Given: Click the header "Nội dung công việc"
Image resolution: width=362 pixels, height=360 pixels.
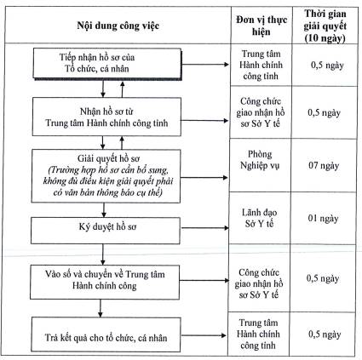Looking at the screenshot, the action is (x=118, y=26).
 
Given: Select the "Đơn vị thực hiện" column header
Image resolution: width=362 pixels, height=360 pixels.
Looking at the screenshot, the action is (x=261, y=26).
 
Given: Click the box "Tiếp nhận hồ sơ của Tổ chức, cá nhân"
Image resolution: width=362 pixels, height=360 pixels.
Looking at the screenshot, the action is (x=107, y=63).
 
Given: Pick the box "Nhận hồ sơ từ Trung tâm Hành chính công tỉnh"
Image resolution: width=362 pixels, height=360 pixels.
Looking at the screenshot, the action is (x=106, y=117).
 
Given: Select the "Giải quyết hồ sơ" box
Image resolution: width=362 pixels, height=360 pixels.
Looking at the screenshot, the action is (x=106, y=176).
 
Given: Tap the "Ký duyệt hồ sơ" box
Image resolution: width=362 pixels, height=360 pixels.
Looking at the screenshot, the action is (x=106, y=231).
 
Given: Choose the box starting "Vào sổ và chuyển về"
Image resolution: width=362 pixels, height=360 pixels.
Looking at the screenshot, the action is (x=105, y=282).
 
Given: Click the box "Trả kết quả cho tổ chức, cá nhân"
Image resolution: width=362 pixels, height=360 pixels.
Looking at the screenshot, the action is (x=106, y=334).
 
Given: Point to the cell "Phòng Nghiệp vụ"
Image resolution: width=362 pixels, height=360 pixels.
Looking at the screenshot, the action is (x=260, y=159).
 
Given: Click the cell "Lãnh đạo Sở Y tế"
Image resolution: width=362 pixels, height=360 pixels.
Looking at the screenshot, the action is (x=259, y=218).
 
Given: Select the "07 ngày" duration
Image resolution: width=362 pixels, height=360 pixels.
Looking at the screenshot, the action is (x=324, y=165).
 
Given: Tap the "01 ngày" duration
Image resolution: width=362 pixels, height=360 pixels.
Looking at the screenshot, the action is (x=323, y=219).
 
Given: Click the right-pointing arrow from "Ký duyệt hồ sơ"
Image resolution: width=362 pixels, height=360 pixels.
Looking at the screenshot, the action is (x=205, y=228).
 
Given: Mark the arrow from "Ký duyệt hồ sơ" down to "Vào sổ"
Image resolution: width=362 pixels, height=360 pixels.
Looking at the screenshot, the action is (x=103, y=254).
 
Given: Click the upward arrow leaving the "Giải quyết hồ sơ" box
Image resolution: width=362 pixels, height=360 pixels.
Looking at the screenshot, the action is (x=122, y=143).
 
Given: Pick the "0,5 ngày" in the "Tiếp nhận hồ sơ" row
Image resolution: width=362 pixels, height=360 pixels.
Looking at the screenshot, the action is (x=327, y=66).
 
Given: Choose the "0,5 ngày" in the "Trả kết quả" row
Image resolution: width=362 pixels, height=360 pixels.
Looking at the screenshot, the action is (x=325, y=334).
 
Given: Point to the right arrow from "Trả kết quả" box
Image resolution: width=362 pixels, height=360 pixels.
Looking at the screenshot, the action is (x=204, y=335).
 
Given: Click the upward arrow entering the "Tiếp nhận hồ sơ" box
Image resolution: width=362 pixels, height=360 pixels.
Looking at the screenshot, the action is (x=123, y=89).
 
